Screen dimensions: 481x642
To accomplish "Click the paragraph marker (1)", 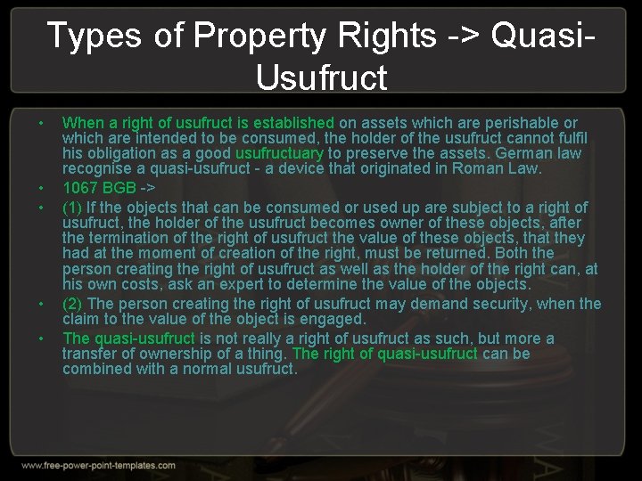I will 72,208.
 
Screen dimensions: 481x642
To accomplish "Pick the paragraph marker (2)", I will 72,304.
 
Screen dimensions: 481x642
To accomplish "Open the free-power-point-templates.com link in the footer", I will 98,466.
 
